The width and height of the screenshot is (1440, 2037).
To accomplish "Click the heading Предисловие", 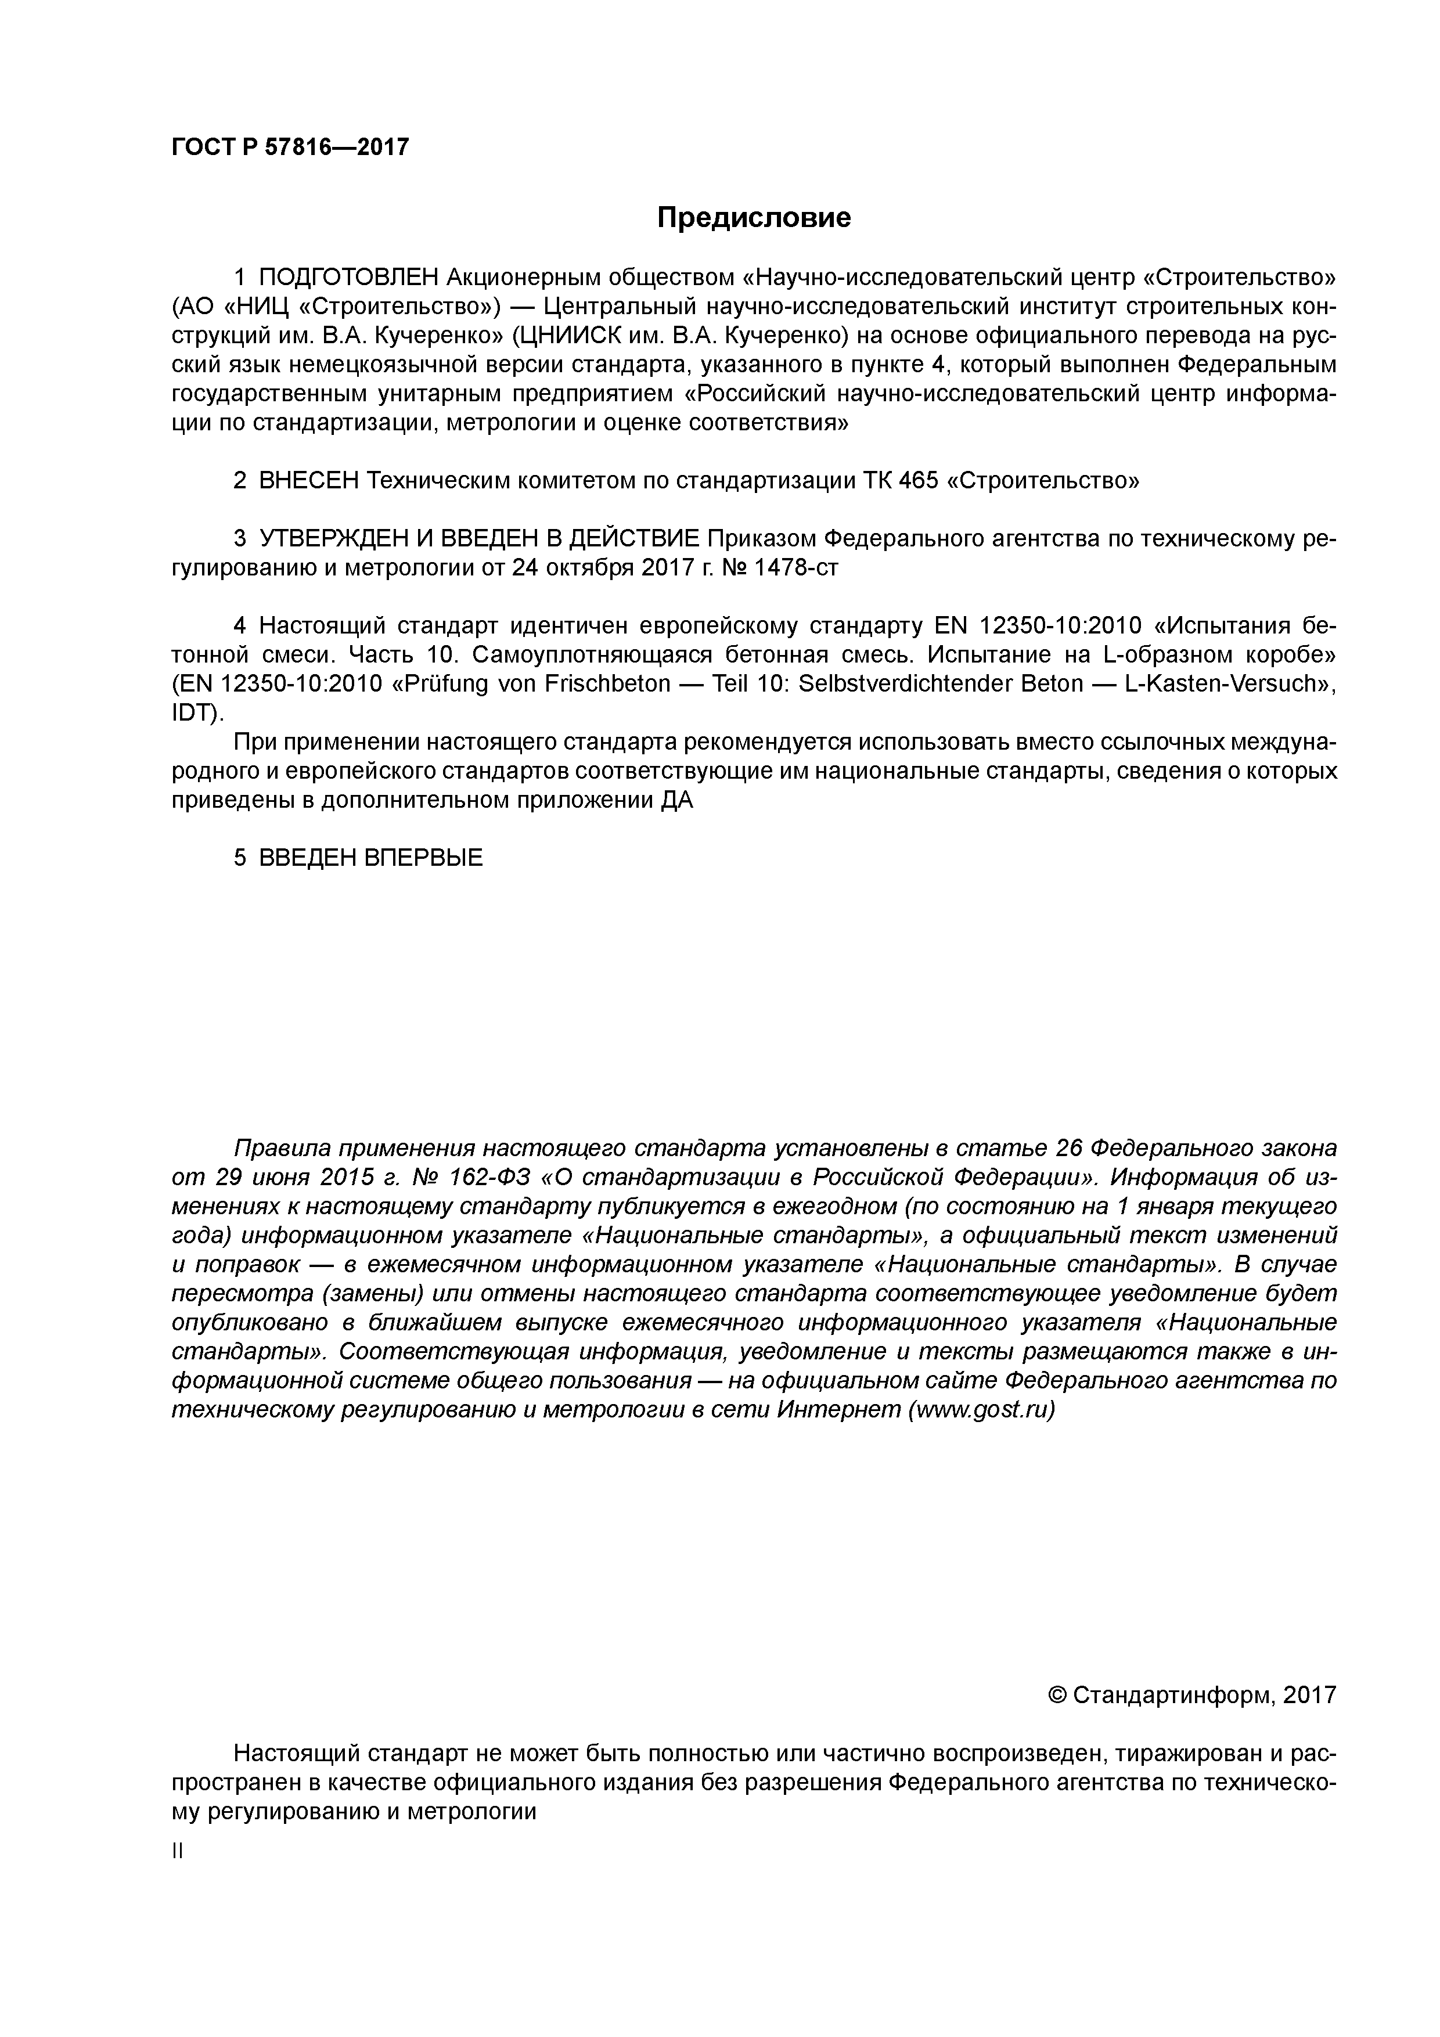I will coord(753,217).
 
